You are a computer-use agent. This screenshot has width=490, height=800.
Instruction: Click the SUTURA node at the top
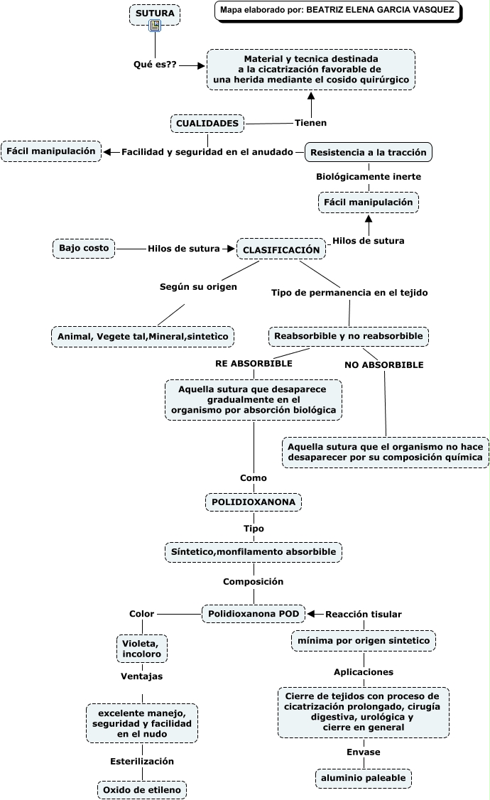[155, 13]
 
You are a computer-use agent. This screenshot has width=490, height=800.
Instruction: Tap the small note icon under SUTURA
[155, 26]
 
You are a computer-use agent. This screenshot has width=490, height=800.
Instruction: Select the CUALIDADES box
[207, 124]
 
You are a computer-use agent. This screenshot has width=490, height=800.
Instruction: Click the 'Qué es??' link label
[155, 65]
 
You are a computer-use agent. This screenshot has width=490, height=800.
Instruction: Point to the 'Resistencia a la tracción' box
[368, 153]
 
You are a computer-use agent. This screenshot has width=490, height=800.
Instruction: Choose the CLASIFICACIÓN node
[281, 249]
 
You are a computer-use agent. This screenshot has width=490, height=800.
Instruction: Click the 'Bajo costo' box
[84, 248]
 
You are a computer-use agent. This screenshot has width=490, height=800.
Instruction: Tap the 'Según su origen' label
[198, 287]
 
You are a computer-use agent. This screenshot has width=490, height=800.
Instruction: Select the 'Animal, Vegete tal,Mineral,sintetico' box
[143, 337]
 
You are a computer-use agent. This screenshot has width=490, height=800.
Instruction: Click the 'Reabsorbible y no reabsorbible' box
[349, 336]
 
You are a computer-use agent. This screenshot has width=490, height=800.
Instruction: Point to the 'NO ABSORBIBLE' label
[384, 364]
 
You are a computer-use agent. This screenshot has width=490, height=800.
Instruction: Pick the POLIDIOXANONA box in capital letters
[254, 502]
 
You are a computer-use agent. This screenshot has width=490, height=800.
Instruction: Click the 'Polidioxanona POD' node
[254, 614]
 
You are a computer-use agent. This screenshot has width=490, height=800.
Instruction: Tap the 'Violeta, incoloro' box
[142, 649]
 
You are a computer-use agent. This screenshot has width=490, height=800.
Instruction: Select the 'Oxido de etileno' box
[142, 790]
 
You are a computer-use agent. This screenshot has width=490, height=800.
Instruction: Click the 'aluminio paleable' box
[364, 778]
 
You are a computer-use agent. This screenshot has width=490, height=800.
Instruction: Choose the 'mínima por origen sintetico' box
[364, 641]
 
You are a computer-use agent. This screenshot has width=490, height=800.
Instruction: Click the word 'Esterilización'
[142, 761]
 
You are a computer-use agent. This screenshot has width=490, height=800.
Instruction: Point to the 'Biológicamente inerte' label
[369, 177]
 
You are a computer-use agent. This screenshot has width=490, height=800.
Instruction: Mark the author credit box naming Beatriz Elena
[338, 11]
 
